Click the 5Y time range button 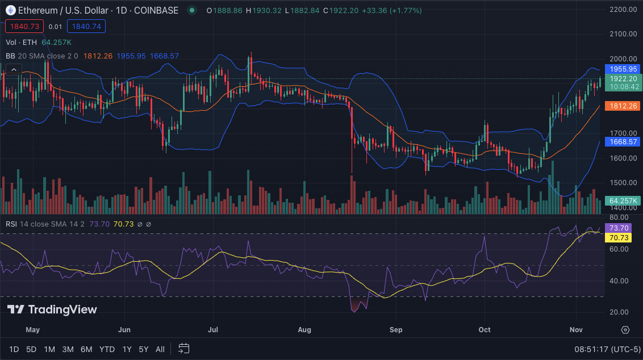144,349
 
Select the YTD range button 107,349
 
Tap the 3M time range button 68,349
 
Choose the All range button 160,349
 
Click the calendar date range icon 183,348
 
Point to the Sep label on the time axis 396,329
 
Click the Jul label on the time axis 214,329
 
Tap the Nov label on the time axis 576,329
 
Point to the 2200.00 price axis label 623,10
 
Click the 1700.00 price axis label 623,133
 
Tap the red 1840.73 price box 23,26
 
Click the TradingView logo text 52,309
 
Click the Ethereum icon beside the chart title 10,10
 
